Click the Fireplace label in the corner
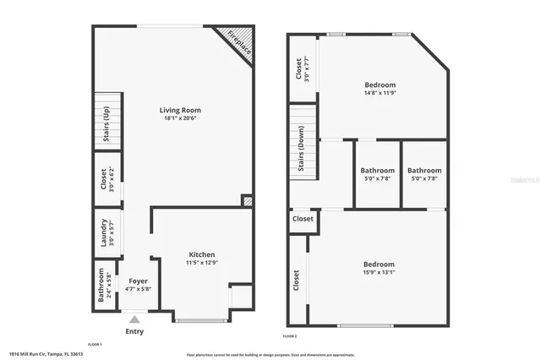click(x=238, y=42)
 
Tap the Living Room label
click(x=181, y=110)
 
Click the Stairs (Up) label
click(x=106, y=122)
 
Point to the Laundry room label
click(x=102, y=232)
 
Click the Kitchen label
click(x=202, y=254)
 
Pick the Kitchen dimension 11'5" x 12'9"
click(x=202, y=264)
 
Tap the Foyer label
click(x=137, y=281)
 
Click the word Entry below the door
click(x=134, y=331)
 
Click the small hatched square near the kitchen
click(x=247, y=201)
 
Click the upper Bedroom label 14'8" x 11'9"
click(x=380, y=85)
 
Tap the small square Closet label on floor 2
click(x=303, y=219)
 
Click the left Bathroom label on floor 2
click(x=377, y=171)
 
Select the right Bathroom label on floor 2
click(x=424, y=171)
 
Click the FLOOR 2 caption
click(x=290, y=336)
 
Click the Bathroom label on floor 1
click(x=101, y=285)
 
